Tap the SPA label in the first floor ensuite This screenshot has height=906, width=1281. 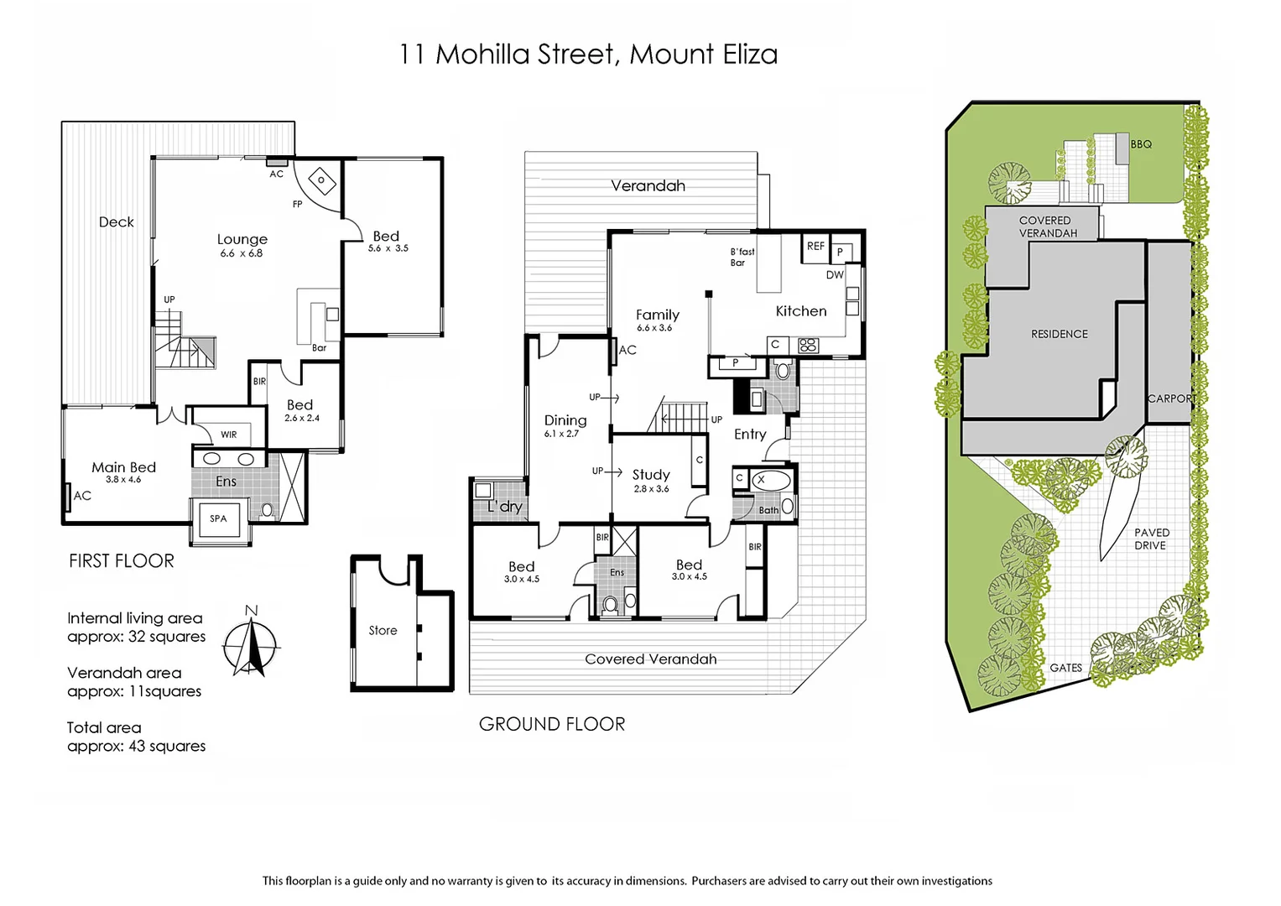click(218, 518)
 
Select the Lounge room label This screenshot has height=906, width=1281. click(242, 239)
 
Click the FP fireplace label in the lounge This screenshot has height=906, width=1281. click(297, 204)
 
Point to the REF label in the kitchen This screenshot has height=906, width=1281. click(815, 246)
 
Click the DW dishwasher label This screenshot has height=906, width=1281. click(835, 274)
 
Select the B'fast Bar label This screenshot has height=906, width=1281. click(742, 257)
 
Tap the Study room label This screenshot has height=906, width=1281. click(651, 474)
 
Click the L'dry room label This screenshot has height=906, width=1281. click(505, 506)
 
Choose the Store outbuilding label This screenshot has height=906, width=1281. click(383, 630)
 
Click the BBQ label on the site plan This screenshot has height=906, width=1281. click(1141, 144)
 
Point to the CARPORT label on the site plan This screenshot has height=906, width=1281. click(1172, 398)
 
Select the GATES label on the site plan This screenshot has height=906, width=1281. click(1065, 668)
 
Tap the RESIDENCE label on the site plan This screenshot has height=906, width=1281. click(1059, 334)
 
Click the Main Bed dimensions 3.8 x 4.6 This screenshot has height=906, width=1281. click(123, 480)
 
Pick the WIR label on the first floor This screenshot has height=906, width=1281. click(228, 435)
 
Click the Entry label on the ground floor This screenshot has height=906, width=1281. click(750, 434)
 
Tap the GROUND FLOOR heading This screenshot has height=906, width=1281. click(552, 724)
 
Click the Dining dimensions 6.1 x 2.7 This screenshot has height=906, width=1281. click(561, 434)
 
